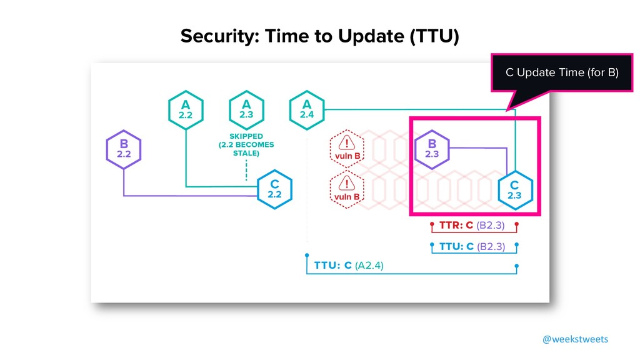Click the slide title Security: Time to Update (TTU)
[x=319, y=37]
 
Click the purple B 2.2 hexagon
[x=124, y=150]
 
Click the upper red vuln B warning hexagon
[x=347, y=149]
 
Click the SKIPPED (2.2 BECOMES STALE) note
[x=246, y=145]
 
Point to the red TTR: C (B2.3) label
[x=472, y=224]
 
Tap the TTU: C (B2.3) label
[x=472, y=246]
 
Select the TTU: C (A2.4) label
[x=349, y=265]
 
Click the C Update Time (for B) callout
[x=561, y=73]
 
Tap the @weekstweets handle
[x=574, y=339]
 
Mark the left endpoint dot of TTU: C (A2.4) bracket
[x=306, y=255]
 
